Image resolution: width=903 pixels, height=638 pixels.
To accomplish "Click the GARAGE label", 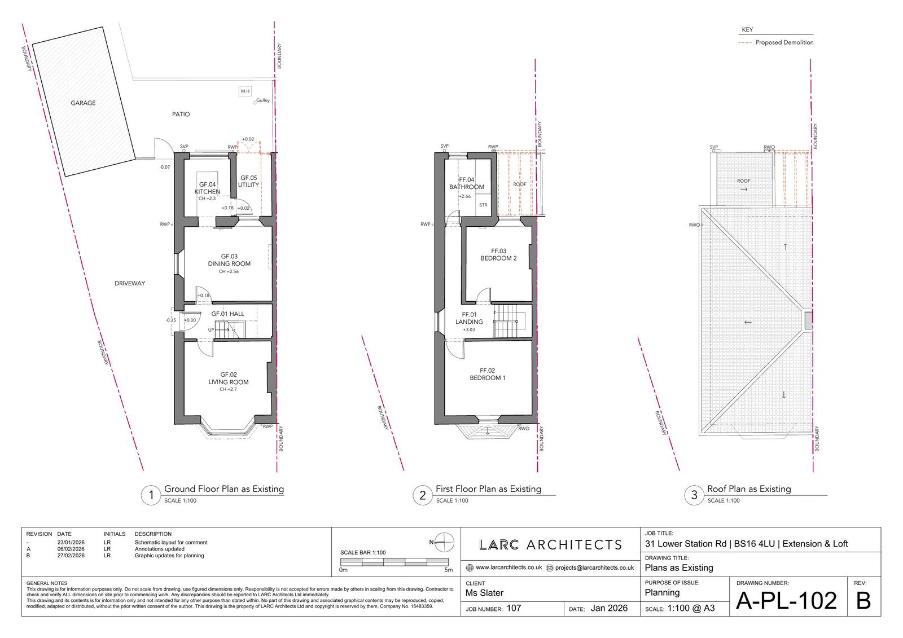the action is tap(83, 103).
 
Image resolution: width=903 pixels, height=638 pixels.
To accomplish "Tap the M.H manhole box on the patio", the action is tap(245, 91).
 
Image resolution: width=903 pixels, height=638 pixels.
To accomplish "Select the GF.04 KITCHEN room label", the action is tap(207, 188).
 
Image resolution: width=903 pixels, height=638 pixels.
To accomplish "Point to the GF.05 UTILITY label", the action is tap(248, 182).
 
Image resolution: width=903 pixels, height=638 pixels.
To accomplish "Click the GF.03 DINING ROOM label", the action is tap(229, 260).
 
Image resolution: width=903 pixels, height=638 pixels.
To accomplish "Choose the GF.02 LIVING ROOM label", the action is tap(228, 379).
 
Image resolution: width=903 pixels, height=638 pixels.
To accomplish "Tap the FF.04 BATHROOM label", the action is tap(466, 183).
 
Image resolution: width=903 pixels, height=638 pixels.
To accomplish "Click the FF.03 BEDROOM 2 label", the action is tap(498, 255).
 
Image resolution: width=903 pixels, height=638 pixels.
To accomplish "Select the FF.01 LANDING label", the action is tap(469, 318).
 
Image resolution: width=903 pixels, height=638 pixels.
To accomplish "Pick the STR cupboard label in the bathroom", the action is tap(483, 205).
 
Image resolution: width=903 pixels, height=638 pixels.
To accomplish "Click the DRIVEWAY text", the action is tap(129, 283).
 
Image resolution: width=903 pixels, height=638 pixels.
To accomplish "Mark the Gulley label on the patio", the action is tap(263, 100).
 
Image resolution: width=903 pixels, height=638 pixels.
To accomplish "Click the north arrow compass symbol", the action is tap(444, 542).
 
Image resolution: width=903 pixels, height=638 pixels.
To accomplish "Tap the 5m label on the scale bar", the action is tap(448, 570).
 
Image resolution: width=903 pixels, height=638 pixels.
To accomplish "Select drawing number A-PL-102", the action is tap(786, 601).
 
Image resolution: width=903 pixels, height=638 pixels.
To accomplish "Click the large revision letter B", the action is tap(863, 601).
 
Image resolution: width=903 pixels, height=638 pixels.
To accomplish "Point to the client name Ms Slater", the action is tap(484, 593).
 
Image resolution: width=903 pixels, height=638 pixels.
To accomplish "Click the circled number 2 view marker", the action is tap(423, 495).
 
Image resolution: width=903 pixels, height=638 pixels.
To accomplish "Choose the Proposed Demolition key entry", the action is tap(776, 42).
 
